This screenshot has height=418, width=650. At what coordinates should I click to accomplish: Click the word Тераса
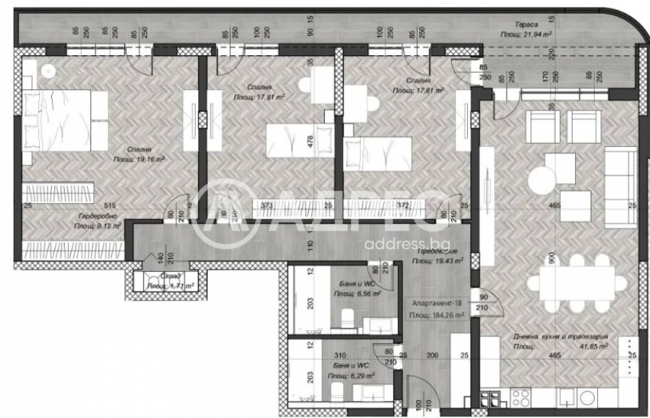510,24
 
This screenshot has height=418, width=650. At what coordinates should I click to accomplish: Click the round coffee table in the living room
543,178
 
